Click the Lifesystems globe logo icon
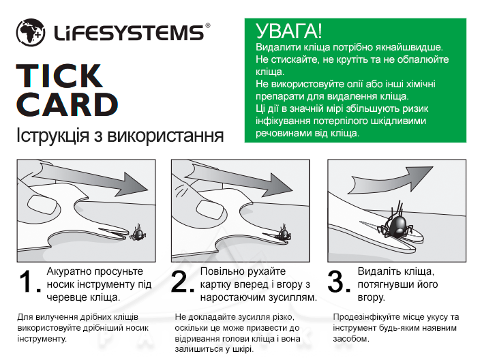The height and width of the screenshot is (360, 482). coord(31,32)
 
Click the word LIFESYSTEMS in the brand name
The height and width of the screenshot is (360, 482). coord(129,33)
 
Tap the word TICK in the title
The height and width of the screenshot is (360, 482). coord(59,76)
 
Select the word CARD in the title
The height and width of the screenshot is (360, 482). coord(67,105)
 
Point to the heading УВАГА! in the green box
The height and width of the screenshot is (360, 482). coord(288,31)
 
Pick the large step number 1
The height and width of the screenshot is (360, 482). coord(29,282)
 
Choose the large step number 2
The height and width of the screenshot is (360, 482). coord(183,282)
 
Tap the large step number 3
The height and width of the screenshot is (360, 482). coord(339,282)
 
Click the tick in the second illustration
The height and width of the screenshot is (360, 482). coord(285,234)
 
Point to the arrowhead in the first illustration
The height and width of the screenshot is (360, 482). coord(134,185)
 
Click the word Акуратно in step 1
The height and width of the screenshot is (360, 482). coord(70,271)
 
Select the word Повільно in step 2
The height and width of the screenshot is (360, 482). coord(220,271)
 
